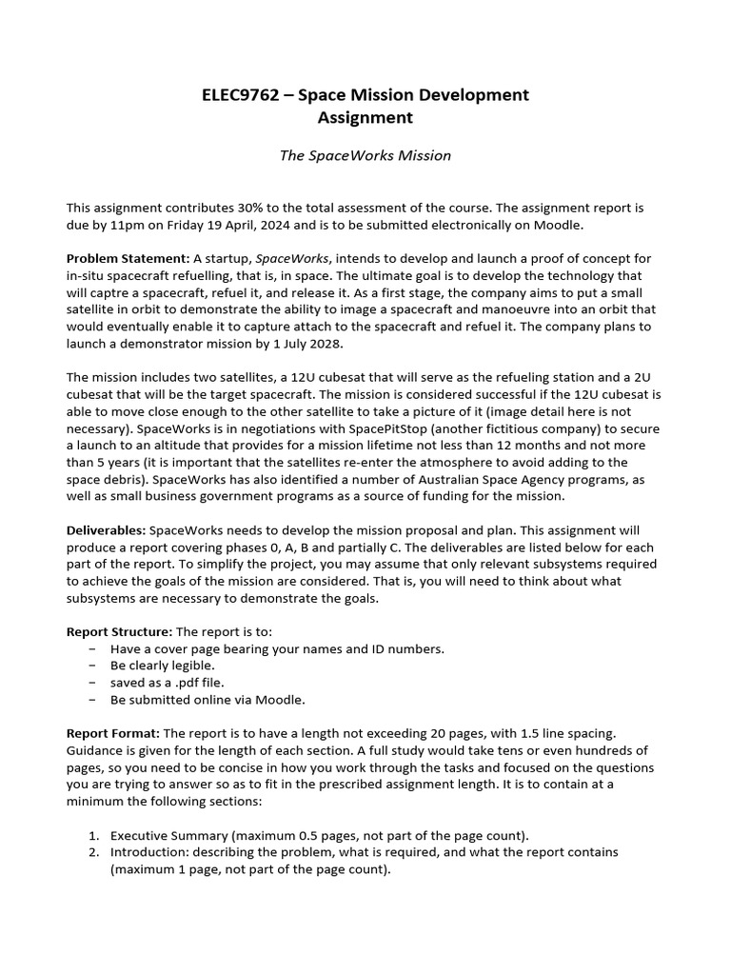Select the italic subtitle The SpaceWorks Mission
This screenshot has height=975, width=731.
coord(365,155)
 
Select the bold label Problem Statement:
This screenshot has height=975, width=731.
coord(128,258)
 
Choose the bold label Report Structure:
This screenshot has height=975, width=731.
coord(119,631)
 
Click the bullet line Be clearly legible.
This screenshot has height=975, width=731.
coord(163,666)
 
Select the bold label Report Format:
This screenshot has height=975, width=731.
coord(113,733)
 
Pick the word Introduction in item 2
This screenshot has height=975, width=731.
coord(148,852)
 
